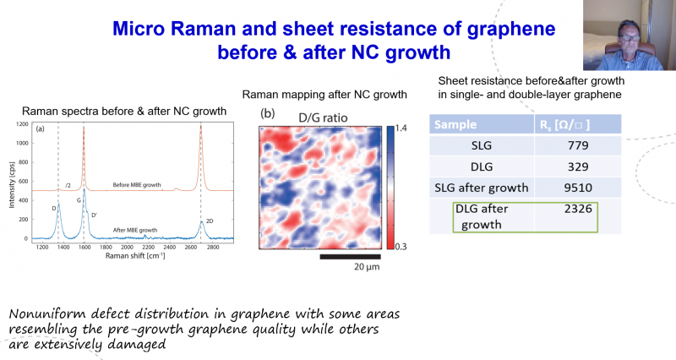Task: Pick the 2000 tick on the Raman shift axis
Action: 127,247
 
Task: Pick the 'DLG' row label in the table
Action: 482,166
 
